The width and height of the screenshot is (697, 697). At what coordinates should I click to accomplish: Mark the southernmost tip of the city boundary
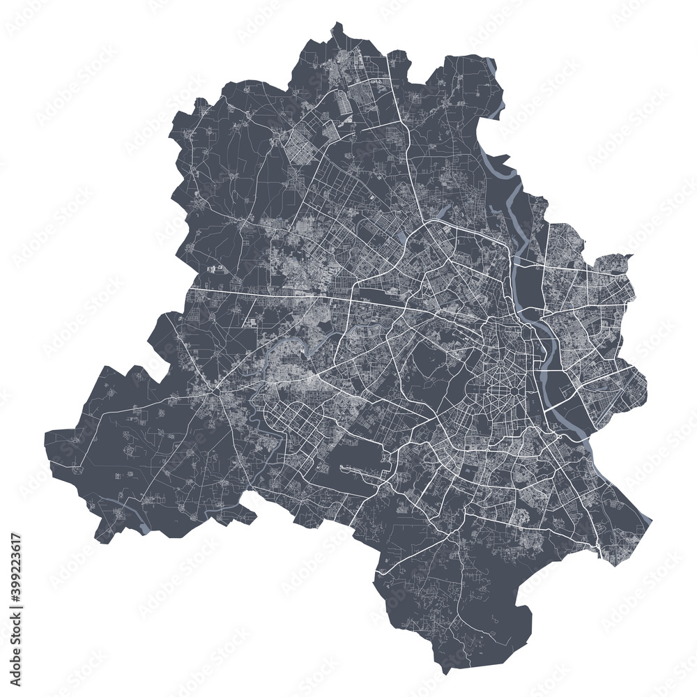click(443, 673)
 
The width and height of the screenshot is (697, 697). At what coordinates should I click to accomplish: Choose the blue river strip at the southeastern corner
click(645, 519)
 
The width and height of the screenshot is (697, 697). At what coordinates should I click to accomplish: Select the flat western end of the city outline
click(47, 446)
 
